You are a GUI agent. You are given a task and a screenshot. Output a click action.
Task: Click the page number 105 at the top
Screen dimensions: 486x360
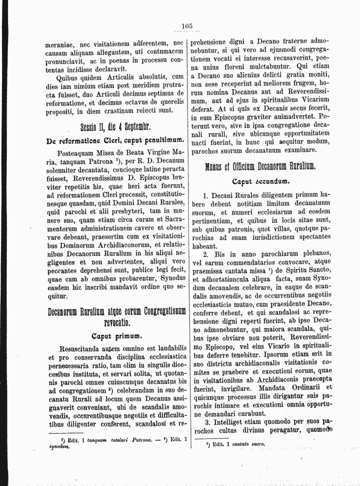tap(187, 26)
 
